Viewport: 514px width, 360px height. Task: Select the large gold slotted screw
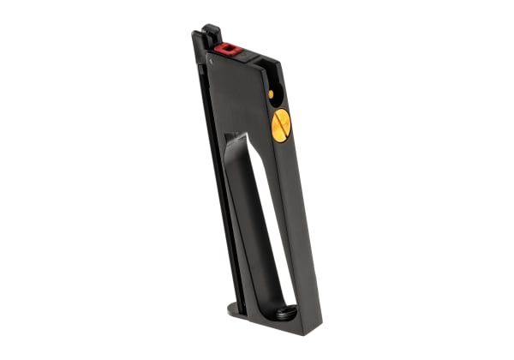pyautogui.click(x=281, y=126)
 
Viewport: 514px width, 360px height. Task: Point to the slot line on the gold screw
pyautogui.click(x=281, y=126)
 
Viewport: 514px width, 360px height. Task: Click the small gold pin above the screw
pyautogui.click(x=272, y=93)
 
